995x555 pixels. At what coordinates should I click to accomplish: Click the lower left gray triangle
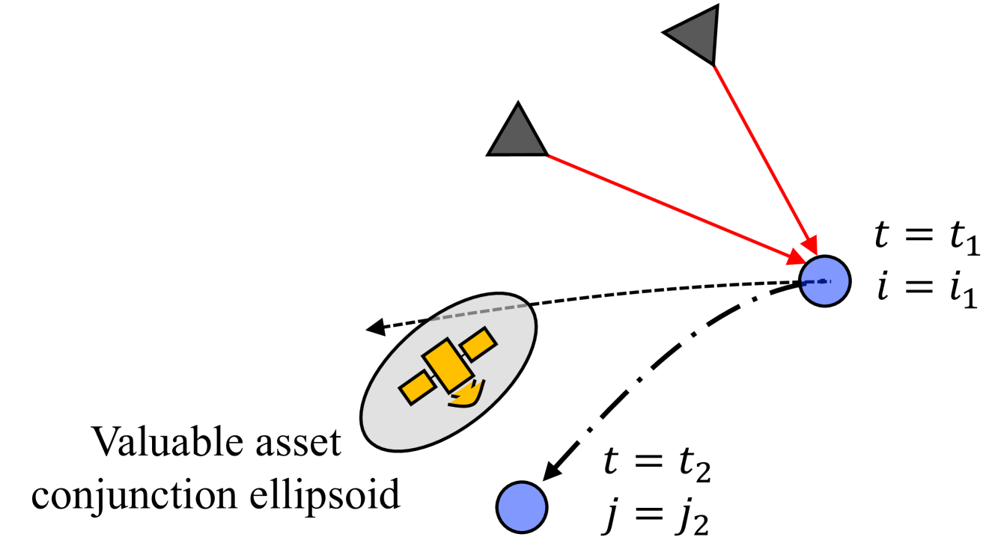coord(518,135)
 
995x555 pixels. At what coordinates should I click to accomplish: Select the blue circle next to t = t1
coord(825,280)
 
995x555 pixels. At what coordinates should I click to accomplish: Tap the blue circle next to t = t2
coord(522,508)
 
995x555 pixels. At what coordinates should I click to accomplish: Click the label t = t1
coord(926,243)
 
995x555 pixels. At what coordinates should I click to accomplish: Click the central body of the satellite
coord(447,365)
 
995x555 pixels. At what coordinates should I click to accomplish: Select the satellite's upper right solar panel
coord(477,344)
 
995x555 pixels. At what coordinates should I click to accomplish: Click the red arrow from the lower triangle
coord(674,206)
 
